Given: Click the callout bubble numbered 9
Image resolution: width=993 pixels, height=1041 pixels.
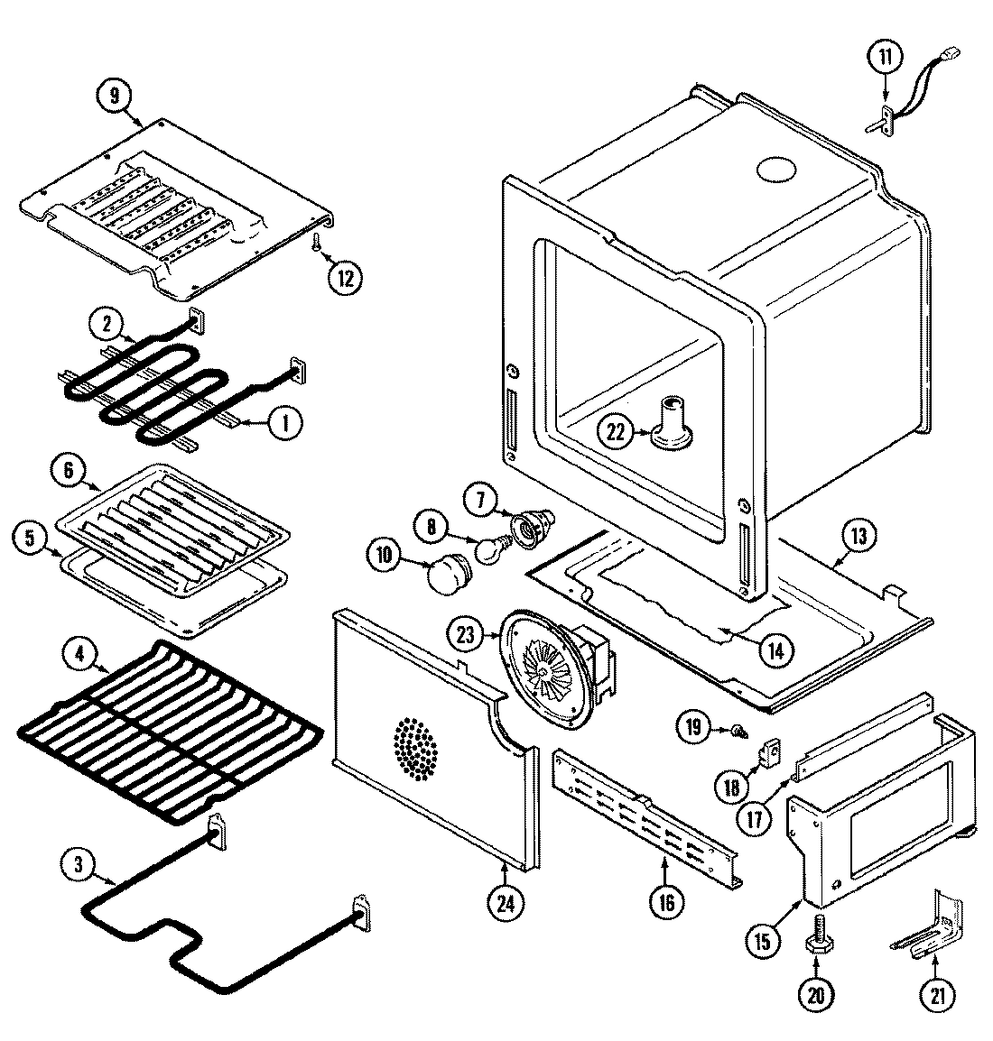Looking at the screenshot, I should point(115,97).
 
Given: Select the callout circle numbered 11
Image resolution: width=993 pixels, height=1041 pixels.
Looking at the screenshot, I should point(885,58).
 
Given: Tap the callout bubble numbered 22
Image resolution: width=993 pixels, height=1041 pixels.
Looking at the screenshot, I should point(615,432).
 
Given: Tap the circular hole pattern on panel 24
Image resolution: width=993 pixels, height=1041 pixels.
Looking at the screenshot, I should point(415,748).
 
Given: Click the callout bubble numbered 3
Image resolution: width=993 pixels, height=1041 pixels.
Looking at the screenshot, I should point(79,864).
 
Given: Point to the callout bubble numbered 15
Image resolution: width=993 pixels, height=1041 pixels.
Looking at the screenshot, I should point(763,941).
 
